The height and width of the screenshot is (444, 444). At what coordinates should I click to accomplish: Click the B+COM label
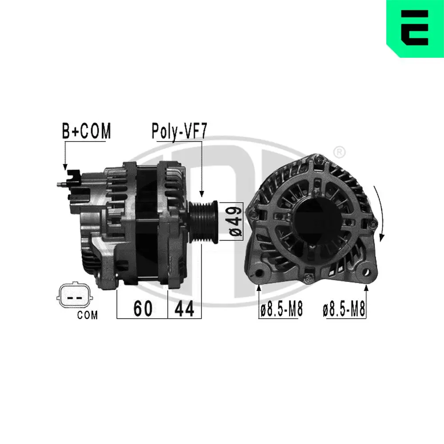[86, 131]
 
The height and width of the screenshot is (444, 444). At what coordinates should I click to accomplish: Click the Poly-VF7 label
[179, 131]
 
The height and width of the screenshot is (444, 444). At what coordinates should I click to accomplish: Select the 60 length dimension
[143, 309]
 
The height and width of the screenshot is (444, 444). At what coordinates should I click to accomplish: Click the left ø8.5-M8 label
[281, 309]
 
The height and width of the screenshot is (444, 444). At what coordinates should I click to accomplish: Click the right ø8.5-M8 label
[344, 309]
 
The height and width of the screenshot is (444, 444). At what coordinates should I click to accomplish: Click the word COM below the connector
[87, 316]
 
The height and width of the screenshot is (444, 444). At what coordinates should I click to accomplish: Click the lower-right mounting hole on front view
[366, 271]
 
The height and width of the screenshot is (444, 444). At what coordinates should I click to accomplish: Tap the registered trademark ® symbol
[339, 152]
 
